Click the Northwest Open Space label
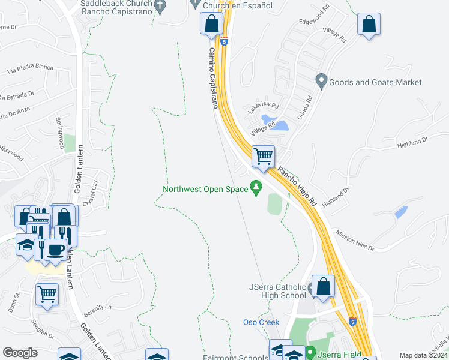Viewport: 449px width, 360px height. click(x=205, y=190)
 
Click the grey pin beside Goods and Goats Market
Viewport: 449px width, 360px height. click(x=321, y=81)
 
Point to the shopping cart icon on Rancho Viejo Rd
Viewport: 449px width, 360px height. click(x=263, y=157)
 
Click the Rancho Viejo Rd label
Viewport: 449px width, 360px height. click(x=297, y=187)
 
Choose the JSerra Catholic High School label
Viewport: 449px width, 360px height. click(x=277, y=290)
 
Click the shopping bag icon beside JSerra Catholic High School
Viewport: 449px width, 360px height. click(x=324, y=287)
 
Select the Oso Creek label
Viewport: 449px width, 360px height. click(x=261, y=322)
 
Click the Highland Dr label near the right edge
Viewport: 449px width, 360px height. click(x=412, y=142)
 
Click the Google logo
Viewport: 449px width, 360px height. click(x=20, y=353)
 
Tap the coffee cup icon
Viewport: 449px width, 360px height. click(x=55, y=249)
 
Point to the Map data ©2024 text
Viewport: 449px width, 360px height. click(x=423, y=355)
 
